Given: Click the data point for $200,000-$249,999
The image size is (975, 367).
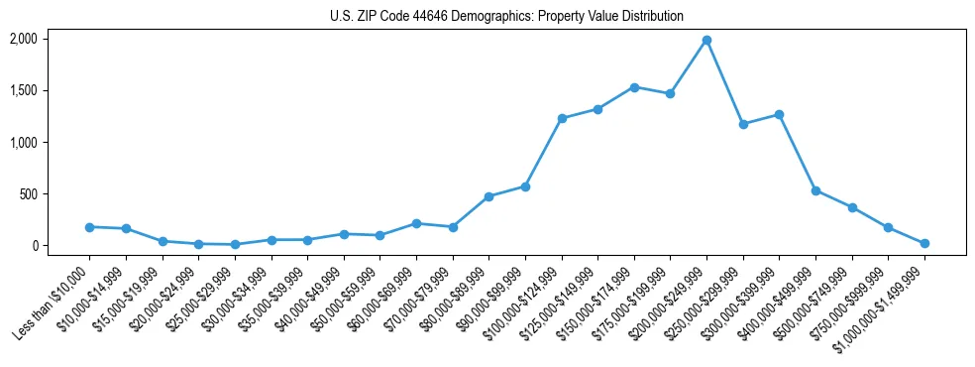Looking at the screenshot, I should pos(706,41).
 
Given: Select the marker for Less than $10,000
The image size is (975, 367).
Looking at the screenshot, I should pos(89,227).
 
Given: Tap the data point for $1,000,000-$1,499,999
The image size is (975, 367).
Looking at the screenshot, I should pos(924,243).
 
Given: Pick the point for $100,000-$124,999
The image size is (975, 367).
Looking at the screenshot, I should pos(562,118).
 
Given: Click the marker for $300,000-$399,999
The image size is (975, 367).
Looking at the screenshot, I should pos(780,115).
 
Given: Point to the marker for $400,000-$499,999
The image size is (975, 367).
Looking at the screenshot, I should pos(815,190).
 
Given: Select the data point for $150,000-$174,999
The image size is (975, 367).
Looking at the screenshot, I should pos(634,87).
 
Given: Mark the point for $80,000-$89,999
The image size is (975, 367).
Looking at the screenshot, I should pos(488,196).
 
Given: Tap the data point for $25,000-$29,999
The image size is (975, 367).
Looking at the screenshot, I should pos(235,244).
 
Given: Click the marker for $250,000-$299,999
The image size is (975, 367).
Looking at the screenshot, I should pos(743,124).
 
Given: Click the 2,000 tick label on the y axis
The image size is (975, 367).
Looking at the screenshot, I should pos(23,39).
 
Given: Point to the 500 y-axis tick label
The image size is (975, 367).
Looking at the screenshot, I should pos(28,194).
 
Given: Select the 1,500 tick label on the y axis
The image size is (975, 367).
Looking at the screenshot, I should pos(23,90).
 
